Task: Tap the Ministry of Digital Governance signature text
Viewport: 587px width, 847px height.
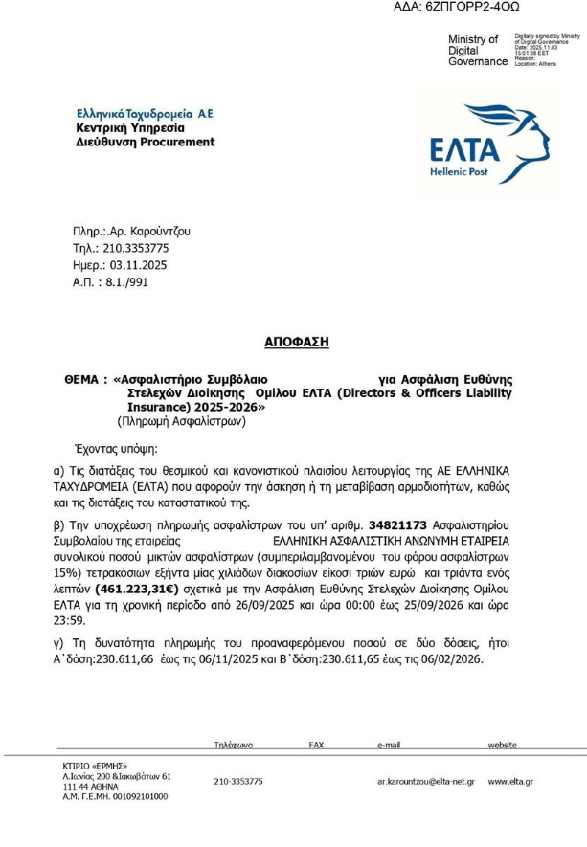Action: [x=478, y=51]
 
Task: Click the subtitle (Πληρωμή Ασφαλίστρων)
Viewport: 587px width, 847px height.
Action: [x=182, y=420]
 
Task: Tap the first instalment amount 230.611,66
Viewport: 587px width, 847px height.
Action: [x=142, y=659]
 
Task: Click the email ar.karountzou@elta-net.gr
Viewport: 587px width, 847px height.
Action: [x=425, y=781]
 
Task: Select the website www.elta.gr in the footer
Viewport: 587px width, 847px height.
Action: [x=510, y=781]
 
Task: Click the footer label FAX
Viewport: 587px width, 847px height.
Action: [x=316, y=744]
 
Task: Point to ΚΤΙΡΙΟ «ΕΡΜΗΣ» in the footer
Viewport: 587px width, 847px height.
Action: [x=94, y=763]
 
